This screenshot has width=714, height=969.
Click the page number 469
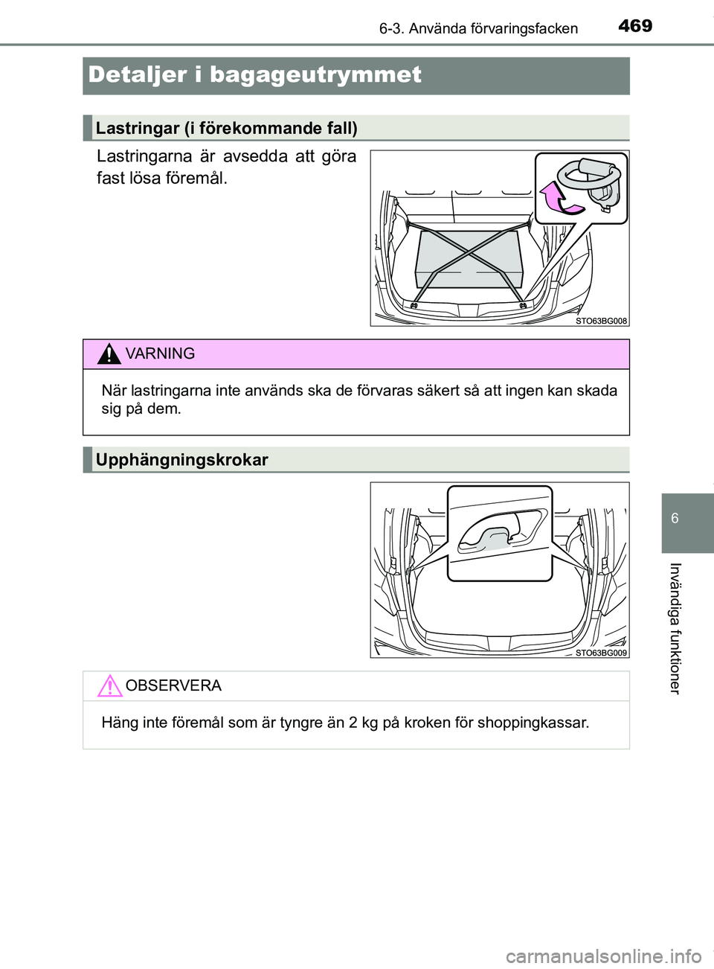pyautogui.click(x=635, y=26)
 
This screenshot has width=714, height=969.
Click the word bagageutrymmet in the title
pyautogui.click(x=315, y=75)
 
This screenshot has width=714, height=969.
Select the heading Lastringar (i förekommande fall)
pyautogui.click(x=227, y=129)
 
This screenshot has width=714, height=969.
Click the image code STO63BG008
pyautogui.click(x=601, y=321)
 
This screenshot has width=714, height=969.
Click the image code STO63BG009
pyautogui.click(x=601, y=653)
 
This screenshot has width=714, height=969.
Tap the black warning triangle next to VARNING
pyautogui.click(x=109, y=354)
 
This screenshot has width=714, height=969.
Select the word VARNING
pyautogui.click(x=160, y=354)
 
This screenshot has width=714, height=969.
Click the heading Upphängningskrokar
pyautogui.click(x=182, y=460)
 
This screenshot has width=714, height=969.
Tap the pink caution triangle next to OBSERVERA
pyautogui.click(x=109, y=685)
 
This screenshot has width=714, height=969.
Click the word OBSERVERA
pyautogui.click(x=173, y=685)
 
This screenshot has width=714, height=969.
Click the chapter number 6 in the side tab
pyautogui.click(x=675, y=519)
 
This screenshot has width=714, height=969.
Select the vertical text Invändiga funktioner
pyautogui.click(x=674, y=628)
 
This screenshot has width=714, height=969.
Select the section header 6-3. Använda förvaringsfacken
pyautogui.click(x=478, y=29)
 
